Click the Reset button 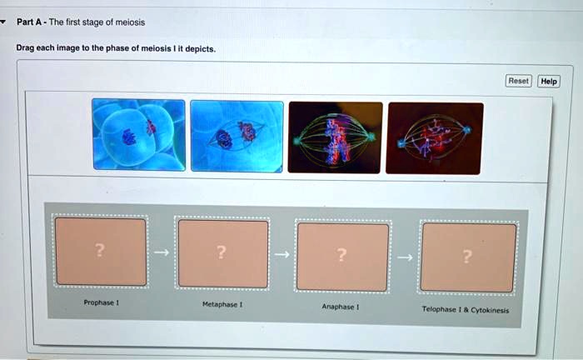[x=518, y=81]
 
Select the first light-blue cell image [x=139, y=135]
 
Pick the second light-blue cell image [x=237, y=136]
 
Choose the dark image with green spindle [x=335, y=137]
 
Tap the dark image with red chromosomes [x=434, y=137]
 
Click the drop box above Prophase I [x=100, y=252]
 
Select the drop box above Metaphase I [x=222, y=253]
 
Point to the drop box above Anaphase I [x=342, y=257]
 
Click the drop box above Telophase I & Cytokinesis [x=468, y=257]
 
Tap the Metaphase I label [x=222, y=304]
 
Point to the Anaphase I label [x=340, y=306]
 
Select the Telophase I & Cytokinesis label [x=466, y=308]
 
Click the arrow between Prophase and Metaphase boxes [x=162, y=252]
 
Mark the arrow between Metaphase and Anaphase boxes [x=282, y=255]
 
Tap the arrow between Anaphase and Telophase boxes [x=405, y=257]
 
